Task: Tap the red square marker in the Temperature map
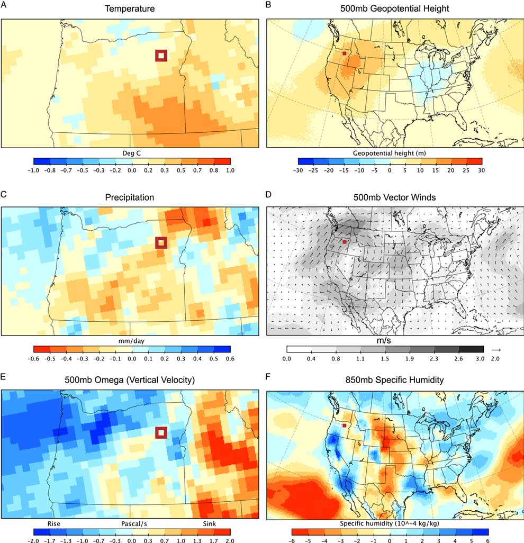coord(161,56)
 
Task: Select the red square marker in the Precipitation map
coord(161,242)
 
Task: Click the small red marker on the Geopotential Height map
coord(344,53)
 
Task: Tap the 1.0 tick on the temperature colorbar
coord(229,171)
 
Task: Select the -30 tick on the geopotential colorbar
coord(297,171)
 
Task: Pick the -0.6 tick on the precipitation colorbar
coord(33,358)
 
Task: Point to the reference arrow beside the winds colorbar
coord(495,349)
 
